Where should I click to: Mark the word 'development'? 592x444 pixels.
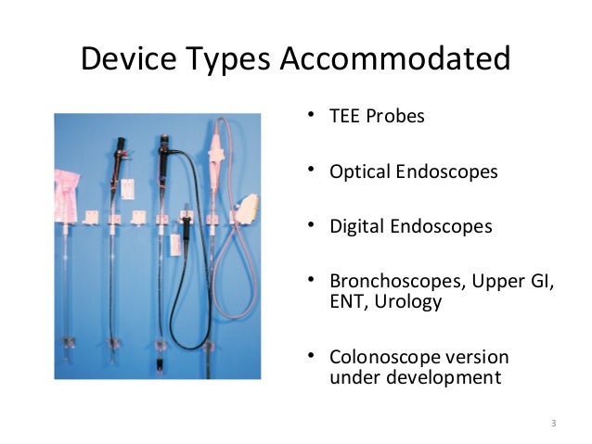tap(439, 377)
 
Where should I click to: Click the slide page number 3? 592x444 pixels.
tap(553, 424)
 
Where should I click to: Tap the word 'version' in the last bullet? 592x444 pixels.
tap(475, 357)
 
